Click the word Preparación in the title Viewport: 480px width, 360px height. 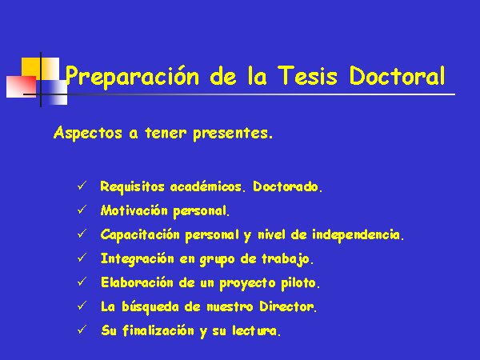pos(132,76)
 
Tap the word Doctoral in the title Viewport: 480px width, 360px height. pos(397,75)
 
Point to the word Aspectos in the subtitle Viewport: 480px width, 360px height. pos(88,134)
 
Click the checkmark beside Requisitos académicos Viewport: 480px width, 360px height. pos(82,186)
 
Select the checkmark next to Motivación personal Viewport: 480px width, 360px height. pos(82,210)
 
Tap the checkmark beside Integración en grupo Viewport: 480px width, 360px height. pos(82,258)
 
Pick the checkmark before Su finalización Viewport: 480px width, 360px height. pos(82,330)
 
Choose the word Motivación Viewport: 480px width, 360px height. pos(134,210)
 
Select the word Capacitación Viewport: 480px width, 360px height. pos(140,235)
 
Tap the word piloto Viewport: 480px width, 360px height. pos(298,283)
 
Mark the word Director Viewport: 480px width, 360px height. pos(286,306)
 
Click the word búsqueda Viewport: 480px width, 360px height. pos(150,307)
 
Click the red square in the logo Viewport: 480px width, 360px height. pos(22,86)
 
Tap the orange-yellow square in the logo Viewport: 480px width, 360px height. pos(31,69)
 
